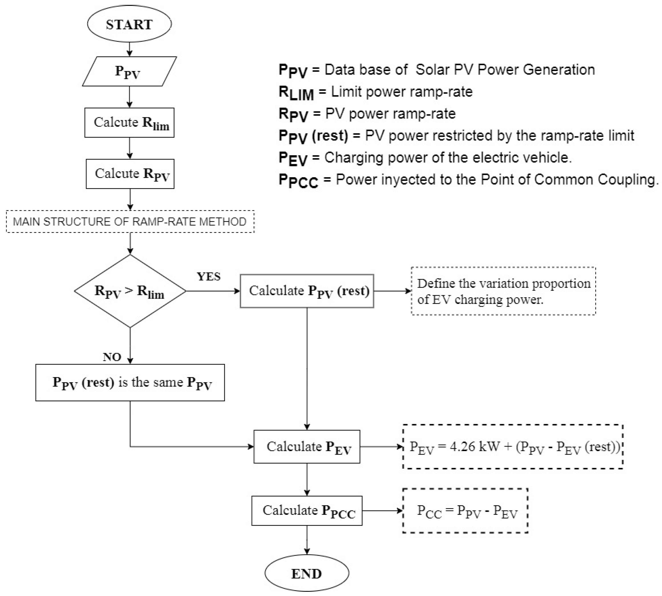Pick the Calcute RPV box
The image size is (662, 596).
click(x=130, y=174)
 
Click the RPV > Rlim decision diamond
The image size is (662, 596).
click(x=130, y=291)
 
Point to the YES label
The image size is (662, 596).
click(x=209, y=277)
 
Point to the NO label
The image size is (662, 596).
click(x=112, y=357)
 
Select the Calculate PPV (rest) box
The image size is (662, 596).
click(x=307, y=291)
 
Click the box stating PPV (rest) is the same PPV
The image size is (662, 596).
click(x=130, y=382)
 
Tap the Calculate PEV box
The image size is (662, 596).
click(x=307, y=447)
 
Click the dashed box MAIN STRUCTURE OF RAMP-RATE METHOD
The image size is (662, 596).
click(x=130, y=222)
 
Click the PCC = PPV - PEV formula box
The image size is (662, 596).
click(x=465, y=511)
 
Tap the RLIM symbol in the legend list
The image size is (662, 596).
click(x=296, y=93)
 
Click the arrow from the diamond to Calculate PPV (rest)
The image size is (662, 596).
click(x=213, y=291)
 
